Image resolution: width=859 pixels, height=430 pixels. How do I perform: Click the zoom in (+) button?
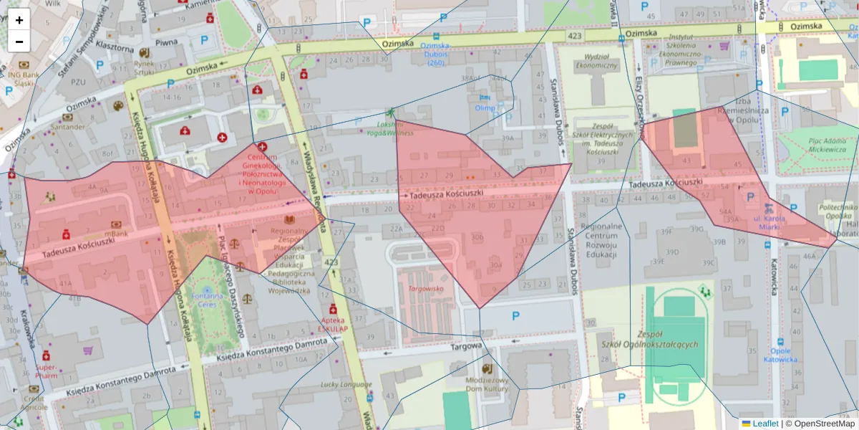19,20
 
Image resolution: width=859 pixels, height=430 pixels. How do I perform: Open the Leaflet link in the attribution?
765,424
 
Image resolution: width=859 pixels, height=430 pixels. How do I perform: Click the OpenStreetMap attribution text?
819,424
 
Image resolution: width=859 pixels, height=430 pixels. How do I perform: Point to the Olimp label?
485,108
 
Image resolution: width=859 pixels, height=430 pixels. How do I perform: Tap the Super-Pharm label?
47,371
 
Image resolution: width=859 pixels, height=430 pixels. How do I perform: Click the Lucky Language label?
342,385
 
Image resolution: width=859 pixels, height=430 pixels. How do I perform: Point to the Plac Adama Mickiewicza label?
817,146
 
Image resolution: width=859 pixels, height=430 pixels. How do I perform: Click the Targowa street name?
463,346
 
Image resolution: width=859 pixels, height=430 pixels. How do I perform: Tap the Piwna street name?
166,42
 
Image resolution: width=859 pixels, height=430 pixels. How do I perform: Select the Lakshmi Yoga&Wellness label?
389,128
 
